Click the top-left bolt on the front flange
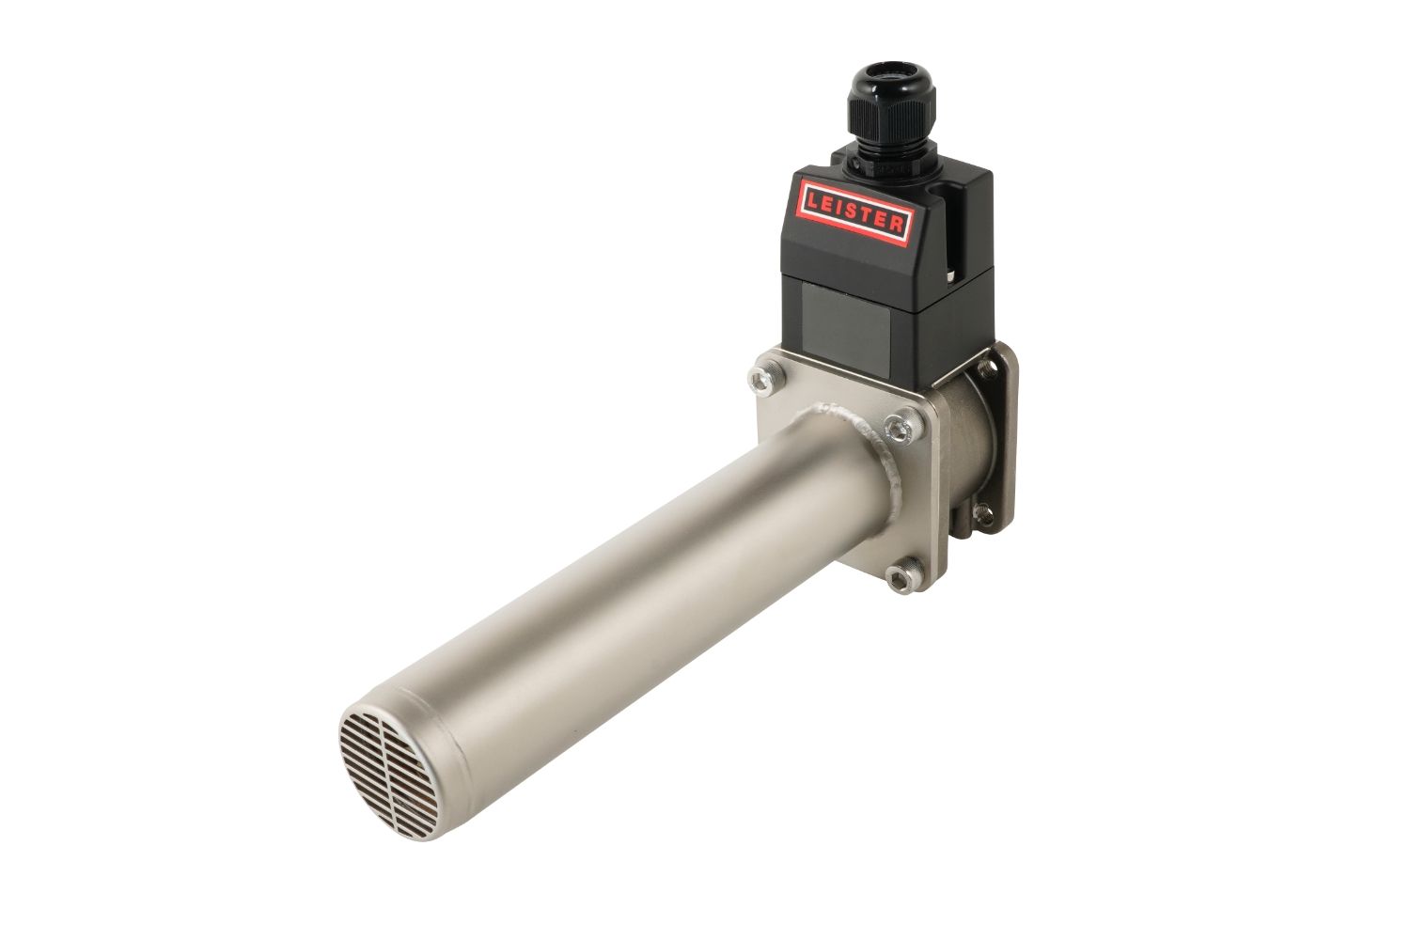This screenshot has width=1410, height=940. pos(759,377)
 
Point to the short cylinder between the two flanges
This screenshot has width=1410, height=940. pos(968,442)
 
